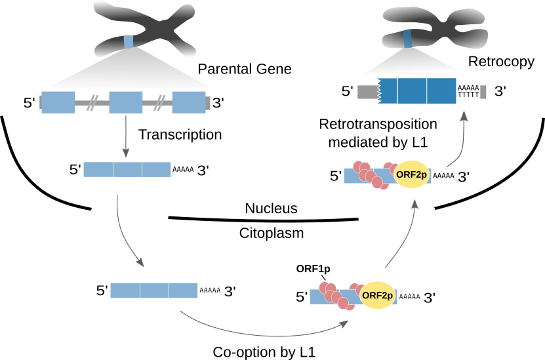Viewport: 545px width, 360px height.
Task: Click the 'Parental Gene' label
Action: (245, 69)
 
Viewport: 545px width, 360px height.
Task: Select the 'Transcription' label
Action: (180, 134)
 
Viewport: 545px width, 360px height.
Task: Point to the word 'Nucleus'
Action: (272, 209)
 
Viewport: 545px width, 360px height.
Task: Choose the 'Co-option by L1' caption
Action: (265, 351)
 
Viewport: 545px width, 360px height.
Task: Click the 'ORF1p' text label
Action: (313, 268)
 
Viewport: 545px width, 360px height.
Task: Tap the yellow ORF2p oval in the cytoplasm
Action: (376, 296)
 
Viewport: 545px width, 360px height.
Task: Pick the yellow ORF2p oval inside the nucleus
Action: (411, 175)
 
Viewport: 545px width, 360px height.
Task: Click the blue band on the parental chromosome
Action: (129, 42)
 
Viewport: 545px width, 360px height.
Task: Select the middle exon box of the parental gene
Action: (126, 103)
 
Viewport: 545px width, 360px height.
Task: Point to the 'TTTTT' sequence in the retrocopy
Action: (468, 96)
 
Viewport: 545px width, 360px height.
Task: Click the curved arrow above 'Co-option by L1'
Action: (262, 327)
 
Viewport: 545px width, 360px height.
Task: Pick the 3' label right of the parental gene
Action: (218, 103)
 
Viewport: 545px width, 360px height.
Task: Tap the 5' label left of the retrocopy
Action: (348, 91)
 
